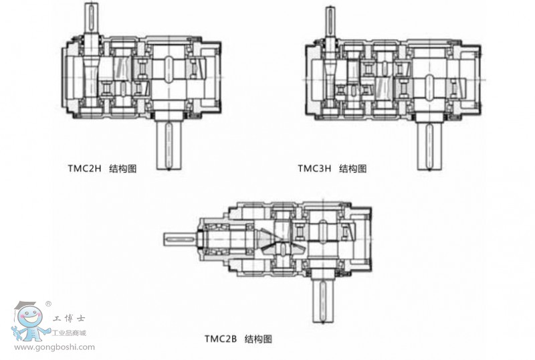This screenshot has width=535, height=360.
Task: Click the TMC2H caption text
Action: click(x=102, y=169)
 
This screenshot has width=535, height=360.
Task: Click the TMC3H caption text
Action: click(x=332, y=169)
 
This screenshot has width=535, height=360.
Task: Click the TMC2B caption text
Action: click(x=238, y=339)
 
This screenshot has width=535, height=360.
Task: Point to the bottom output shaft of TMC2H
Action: click(x=169, y=145)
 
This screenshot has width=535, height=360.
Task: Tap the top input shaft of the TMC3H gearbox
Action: click(x=330, y=21)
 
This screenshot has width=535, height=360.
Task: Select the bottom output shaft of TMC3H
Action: click(x=430, y=146)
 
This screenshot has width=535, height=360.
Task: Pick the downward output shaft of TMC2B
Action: click(x=323, y=300)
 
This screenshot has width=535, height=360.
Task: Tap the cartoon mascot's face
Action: click(x=30, y=318)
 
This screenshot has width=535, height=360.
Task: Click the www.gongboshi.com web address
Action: click(x=55, y=347)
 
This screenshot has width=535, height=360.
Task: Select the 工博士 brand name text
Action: click(x=69, y=319)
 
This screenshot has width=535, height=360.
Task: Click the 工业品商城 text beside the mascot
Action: click(x=69, y=333)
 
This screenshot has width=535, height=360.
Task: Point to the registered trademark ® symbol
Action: click(x=48, y=304)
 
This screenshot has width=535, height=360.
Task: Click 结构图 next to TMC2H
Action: click(x=123, y=169)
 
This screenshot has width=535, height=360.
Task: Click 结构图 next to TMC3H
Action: click(x=353, y=169)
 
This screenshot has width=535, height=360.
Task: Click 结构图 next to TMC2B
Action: click(x=259, y=339)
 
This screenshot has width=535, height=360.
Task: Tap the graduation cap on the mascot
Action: click(x=25, y=306)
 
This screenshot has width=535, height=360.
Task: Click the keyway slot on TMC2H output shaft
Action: click(x=169, y=146)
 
